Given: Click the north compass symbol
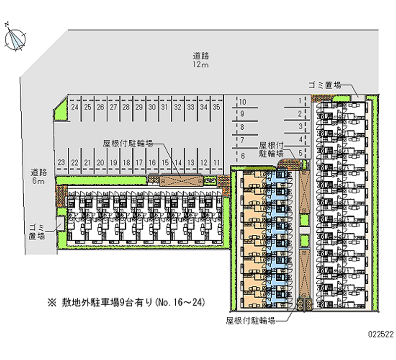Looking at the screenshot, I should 16,38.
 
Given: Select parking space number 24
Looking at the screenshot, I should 74,106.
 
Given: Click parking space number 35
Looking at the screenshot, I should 216,106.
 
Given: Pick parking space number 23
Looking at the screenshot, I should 61,162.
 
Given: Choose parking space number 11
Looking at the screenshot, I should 216,162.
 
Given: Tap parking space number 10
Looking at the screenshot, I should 243,102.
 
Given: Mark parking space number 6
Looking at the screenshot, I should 243,156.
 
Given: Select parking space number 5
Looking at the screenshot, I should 300,153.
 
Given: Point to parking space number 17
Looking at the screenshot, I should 139,162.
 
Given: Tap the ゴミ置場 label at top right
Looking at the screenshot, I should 325,85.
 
